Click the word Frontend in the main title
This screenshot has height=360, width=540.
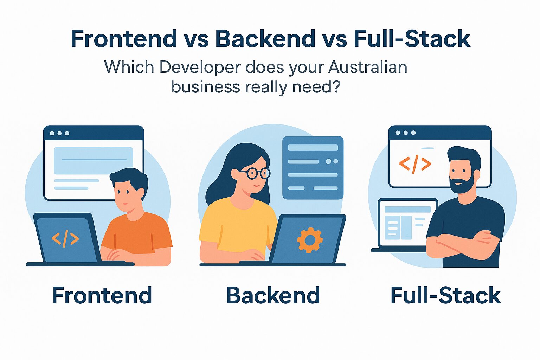[124, 39]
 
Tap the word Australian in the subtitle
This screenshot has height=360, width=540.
[368, 67]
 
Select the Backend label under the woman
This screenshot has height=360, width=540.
[273, 295]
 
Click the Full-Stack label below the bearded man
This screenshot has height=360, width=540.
[445, 295]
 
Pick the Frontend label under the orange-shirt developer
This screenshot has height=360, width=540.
[102, 295]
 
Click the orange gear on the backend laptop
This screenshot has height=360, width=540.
[309, 240]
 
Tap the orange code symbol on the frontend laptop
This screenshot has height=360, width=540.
[65, 239]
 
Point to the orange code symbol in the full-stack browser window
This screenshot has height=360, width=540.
[415, 164]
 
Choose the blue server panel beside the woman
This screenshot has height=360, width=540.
[313, 167]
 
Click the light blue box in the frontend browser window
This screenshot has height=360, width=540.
[93, 160]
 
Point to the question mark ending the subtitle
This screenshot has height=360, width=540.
[336, 87]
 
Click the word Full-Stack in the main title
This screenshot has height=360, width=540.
[412, 39]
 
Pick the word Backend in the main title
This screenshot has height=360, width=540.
[265, 39]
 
